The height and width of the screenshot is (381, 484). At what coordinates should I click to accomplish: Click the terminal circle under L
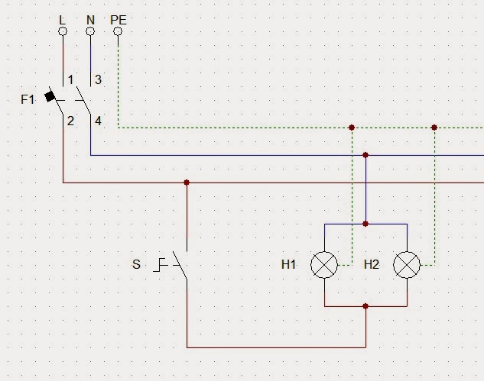pyautogui.click(x=63, y=31)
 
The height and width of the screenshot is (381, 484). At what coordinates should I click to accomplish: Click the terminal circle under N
pyautogui.click(x=90, y=31)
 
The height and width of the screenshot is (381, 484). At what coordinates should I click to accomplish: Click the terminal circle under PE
pyautogui.click(x=118, y=31)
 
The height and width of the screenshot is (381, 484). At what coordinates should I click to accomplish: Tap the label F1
pyautogui.click(x=28, y=99)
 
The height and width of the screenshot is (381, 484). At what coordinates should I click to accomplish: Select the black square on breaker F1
pyautogui.click(x=50, y=97)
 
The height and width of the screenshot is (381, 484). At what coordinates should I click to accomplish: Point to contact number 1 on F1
pyautogui.click(x=70, y=79)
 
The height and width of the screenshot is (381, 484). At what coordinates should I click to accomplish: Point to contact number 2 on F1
pyautogui.click(x=70, y=120)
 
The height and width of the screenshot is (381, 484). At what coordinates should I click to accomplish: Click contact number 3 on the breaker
pyautogui.click(x=98, y=79)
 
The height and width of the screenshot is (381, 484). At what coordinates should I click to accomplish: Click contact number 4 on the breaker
pyautogui.click(x=98, y=120)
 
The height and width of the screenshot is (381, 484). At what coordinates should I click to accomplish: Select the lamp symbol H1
pyautogui.click(x=324, y=265)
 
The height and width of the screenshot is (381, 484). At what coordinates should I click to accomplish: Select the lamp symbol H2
pyautogui.click(x=407, y=265)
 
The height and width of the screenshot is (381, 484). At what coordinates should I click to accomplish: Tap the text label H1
pyautogui.click(x=288, y=265)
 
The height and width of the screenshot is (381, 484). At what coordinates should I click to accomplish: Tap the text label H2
pyautogui.click(x=372, y=265)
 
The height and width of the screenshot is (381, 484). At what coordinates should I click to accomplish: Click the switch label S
pyautogui.click(x=136, y=265)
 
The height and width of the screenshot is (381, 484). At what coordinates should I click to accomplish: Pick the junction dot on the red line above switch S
pyautogui.click(x=187, y=182)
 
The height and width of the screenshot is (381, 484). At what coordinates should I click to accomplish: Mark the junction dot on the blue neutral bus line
pyautogui.click(x=365, y=155)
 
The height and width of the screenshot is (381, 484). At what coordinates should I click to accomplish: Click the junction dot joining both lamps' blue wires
pyautogui.click(x=365, y=224)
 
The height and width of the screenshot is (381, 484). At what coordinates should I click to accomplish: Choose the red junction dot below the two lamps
pyautogui.click(x=365, y=306)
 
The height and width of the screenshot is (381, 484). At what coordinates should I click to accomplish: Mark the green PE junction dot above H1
pyautogui.click(x=352, y=128)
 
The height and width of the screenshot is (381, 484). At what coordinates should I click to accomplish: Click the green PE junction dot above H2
pyautogui.click(x=434, y=128)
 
